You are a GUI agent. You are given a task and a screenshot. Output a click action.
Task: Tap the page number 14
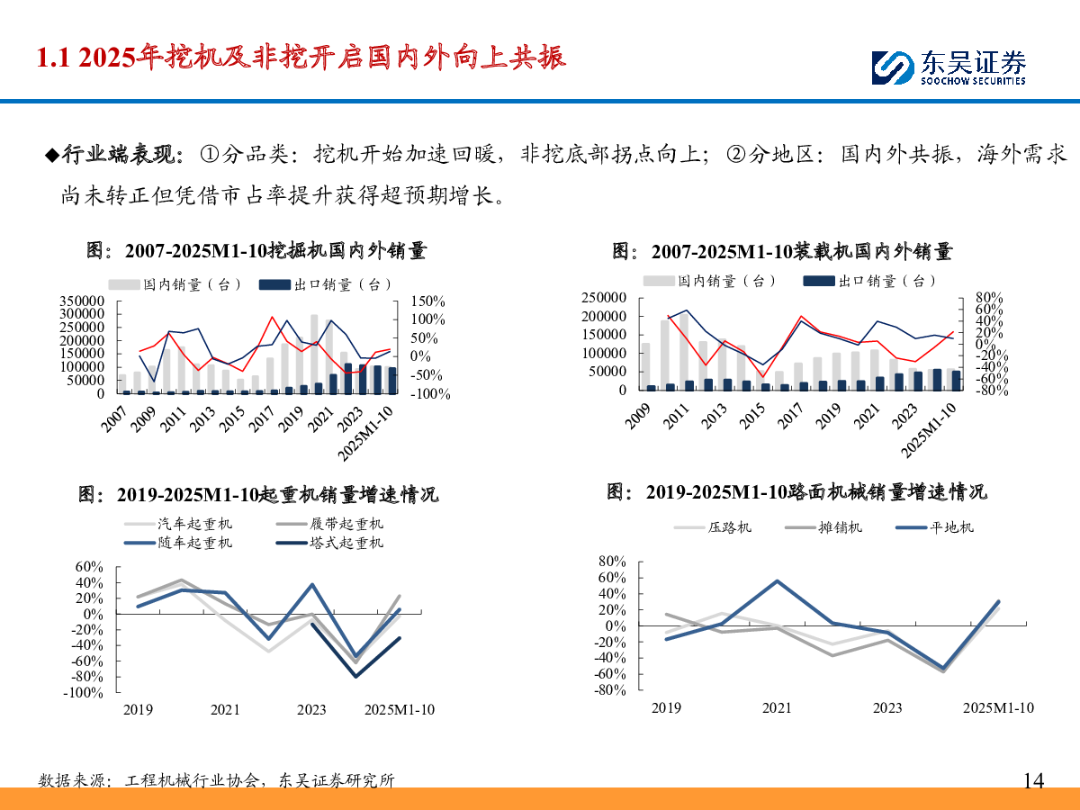click(1034, 780)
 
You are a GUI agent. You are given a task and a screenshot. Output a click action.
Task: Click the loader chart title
click(782, 251)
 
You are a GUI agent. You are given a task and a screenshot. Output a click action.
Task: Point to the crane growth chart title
click(258, 495)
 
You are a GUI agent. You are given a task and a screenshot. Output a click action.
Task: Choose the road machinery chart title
click(796, 492)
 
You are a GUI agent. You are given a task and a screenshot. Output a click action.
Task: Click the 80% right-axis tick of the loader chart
click(976, 298)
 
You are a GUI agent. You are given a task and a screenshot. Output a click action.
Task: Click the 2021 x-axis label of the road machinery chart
click(777, 708)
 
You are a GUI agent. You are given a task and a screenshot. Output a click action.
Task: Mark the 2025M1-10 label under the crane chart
click(399, 710)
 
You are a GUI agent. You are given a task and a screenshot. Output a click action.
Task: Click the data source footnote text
click(217, 780)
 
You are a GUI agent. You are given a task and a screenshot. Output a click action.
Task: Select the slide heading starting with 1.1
click(301, 58)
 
